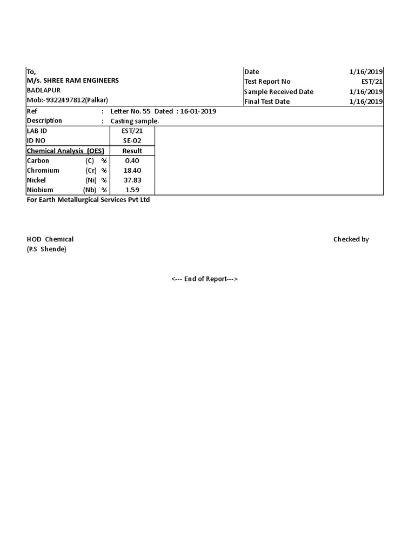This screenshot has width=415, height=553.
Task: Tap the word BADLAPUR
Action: pyautogui.click(x=44, y=91)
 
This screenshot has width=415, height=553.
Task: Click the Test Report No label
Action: pyautogui.click(x=267, y=82)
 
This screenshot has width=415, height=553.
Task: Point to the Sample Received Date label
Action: pyautogui.click(x=278, y=92)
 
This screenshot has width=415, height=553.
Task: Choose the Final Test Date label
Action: pyautogui.click(x=267, y=102)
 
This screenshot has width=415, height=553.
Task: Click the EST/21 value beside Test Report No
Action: pyautogui.click(x=373, y=82)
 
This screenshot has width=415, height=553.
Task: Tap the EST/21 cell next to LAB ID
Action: pyautogui.click(x=132, y=131)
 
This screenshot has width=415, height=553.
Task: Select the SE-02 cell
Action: pyautogui.click(x=132, y=141)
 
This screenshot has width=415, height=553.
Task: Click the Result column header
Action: pyautogui.click(x=132, y=151)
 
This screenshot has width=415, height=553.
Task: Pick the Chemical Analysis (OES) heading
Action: pyautogui.click(x=65, y=151)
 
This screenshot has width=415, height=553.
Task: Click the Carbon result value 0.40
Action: pyautogui.click(x=132, y=161)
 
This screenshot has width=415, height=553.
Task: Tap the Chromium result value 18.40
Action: pyautogui.click(x=132, y=171)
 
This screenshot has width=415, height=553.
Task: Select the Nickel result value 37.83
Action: pyautogui.click(x=132, y=180)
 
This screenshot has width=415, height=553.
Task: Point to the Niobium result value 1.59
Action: pyautogui.click(x=132, y=190)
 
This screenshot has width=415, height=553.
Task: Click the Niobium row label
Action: pyautogui.click(x=40, y=190)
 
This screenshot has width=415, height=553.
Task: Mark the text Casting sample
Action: pyautogui.click(x=135, y=122)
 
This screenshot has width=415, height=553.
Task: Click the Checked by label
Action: pyautogui.click(x=351, y=239)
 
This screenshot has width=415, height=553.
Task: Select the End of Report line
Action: pyautogui.click(x=205, y=279)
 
